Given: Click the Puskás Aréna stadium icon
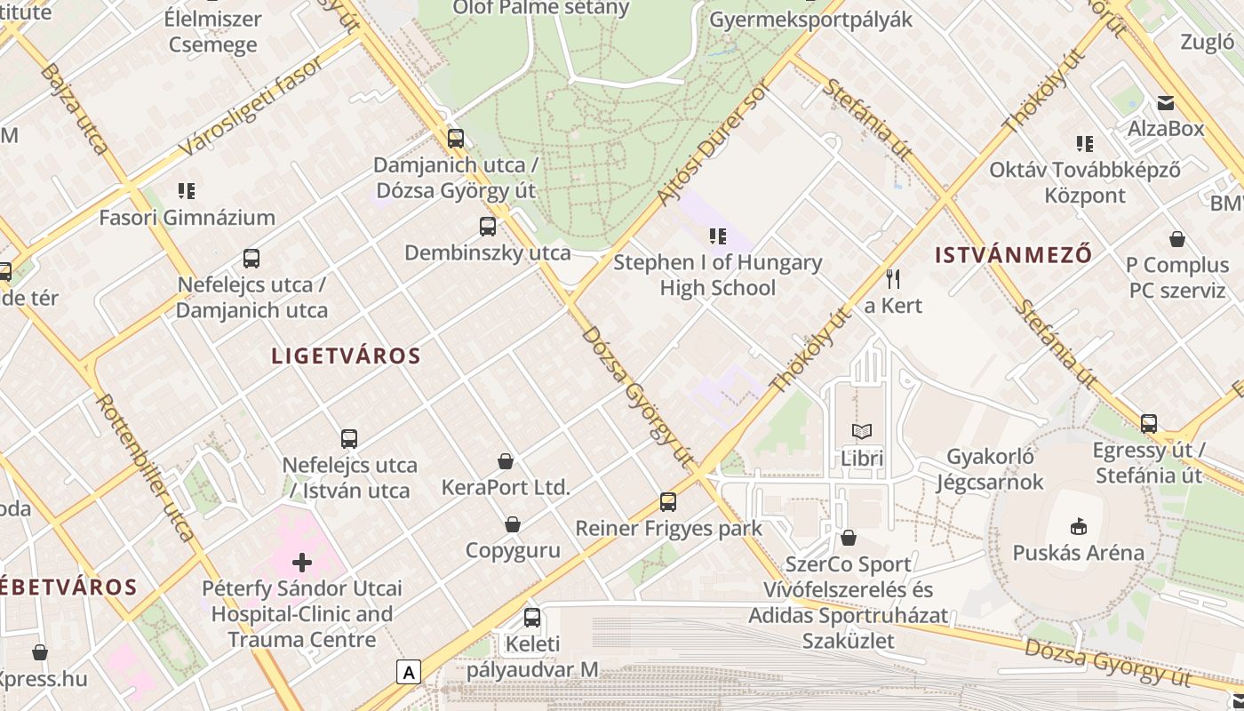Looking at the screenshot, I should click(x=1079, y=526).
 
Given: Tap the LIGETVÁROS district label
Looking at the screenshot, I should click(x=346, y=356).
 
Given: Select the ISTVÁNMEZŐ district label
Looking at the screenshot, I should click(x=1013, y=255).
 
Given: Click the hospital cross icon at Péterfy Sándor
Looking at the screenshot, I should click(x=302, y=562).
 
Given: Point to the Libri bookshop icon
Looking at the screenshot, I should click(x=862, y=432).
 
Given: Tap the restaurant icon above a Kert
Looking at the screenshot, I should click(x=893, y=279).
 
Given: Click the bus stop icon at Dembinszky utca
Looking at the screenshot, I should click(x=488, y=227).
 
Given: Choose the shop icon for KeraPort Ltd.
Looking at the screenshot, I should click(x=506, y=461).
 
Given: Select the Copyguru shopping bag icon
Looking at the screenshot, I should click(x=513, y=524).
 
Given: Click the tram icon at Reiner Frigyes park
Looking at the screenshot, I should click(x=668, y=502).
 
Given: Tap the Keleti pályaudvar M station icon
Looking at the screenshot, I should click(x=531, y=618).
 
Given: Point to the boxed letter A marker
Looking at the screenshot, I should click(x=409, y=672).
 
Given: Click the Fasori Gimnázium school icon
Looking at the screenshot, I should click(x=187, y=190).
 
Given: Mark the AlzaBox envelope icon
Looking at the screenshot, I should click(x=1165, y=103).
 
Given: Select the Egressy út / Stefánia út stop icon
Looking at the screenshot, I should click(x=1149, y=424).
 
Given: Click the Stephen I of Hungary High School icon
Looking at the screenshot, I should click(x=717, y=236).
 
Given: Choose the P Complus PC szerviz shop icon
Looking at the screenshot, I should click(x=1177, y=239).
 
